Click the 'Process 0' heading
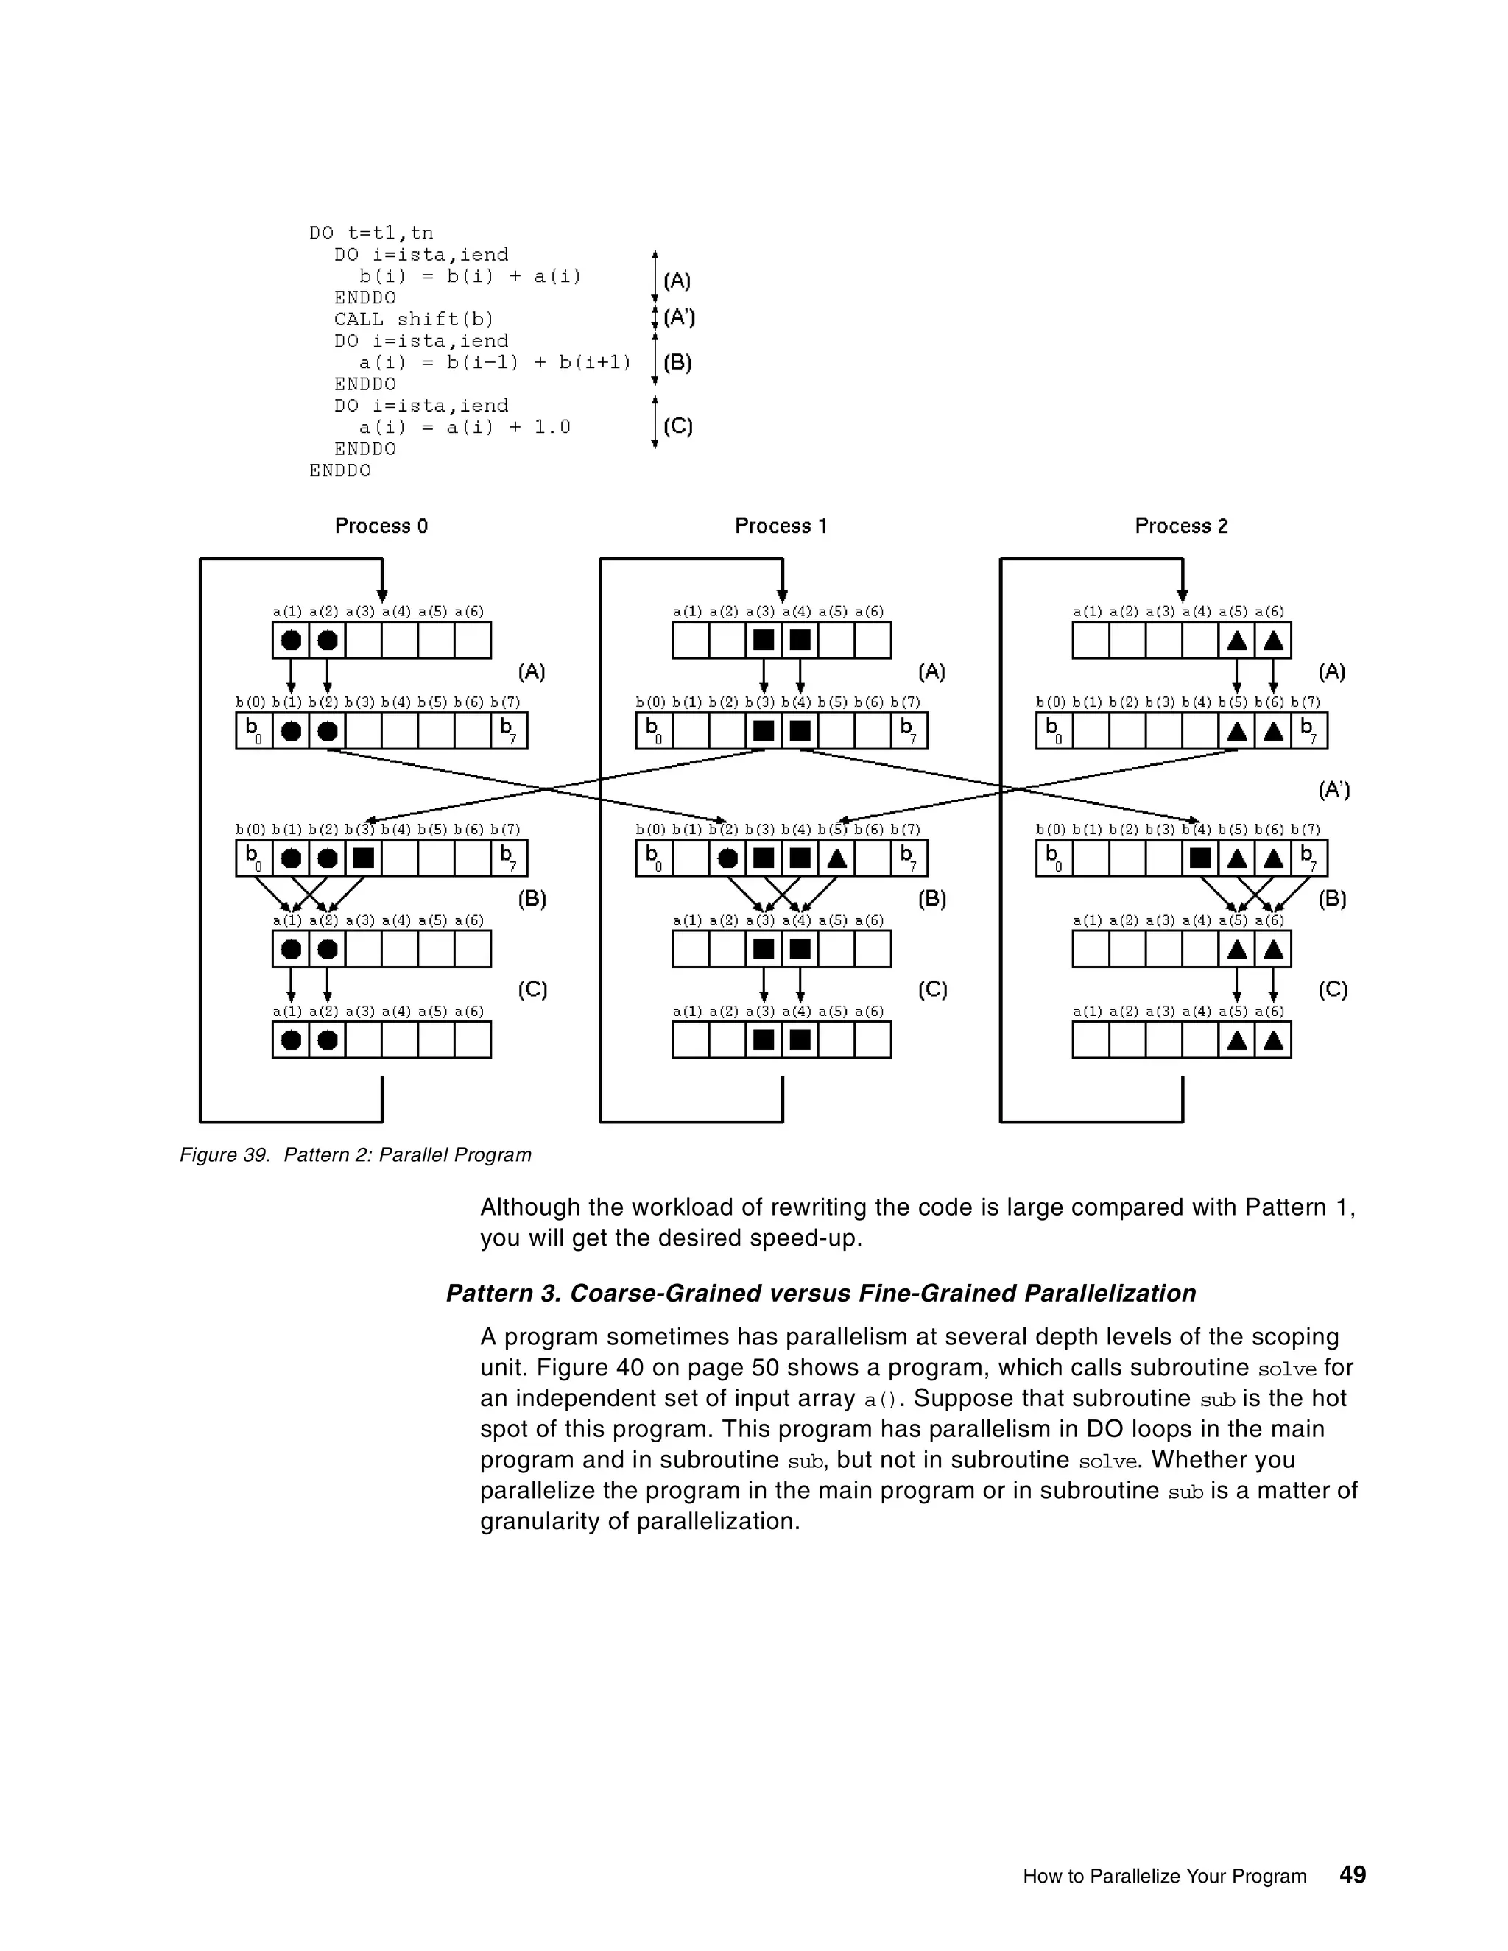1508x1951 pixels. pyautogui.click(x=381, y=526)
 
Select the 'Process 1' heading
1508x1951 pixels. pyautogui.click(x=781, y=526)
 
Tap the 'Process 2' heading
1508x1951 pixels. pyautogui.click(x=1181, y=526)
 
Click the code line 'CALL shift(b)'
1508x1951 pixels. pyautogui.click(x=414, y=319)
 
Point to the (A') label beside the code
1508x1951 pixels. pyautogui.click(x=679, y=317)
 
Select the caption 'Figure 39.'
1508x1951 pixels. pyautogui.click(x=225, y=1155)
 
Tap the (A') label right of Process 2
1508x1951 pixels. pyautogui.click(x=1333, y=790)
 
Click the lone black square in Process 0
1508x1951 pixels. pyautogui.click(x=364, y=858)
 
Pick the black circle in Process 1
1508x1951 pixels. pyautogui.click(x=728, y=858)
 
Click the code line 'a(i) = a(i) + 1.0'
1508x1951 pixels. pyautogui.click(x=465, y=427)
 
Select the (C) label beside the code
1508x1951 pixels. pyautogui.click(x=678, y=426)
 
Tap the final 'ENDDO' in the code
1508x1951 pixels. pyautogui.click(x=340, y=470)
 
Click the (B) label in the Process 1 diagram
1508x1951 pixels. pyautogui.click(x=931, y=899)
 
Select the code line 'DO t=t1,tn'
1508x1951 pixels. pyautogui.click(x=371, y=233)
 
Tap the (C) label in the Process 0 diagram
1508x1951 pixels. pyautogui.click(x=532, y=989)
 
